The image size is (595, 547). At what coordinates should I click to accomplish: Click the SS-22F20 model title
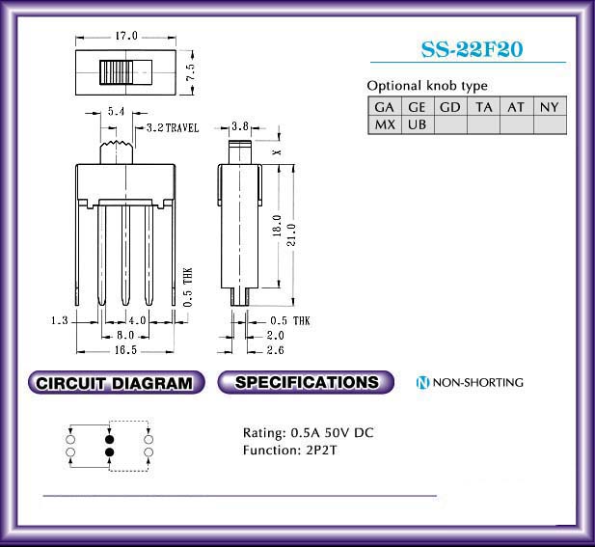tap(473, 49)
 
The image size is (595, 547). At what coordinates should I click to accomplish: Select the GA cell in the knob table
tap(385, 107)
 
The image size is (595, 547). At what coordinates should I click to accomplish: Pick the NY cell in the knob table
tap(550, 107)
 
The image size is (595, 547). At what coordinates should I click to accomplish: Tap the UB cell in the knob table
tap(418, 124)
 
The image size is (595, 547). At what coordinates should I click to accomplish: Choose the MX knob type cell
tap(385, 124)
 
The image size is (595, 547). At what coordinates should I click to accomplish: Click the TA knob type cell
tap(484, 107)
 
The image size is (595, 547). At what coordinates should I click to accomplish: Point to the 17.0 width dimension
tap(126, 36)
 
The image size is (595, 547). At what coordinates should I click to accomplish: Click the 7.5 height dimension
tap(191, 71)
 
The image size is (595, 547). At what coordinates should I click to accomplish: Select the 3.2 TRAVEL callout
tap(173, 127)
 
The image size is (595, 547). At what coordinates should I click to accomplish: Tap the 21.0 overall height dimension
tap(290, 234)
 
